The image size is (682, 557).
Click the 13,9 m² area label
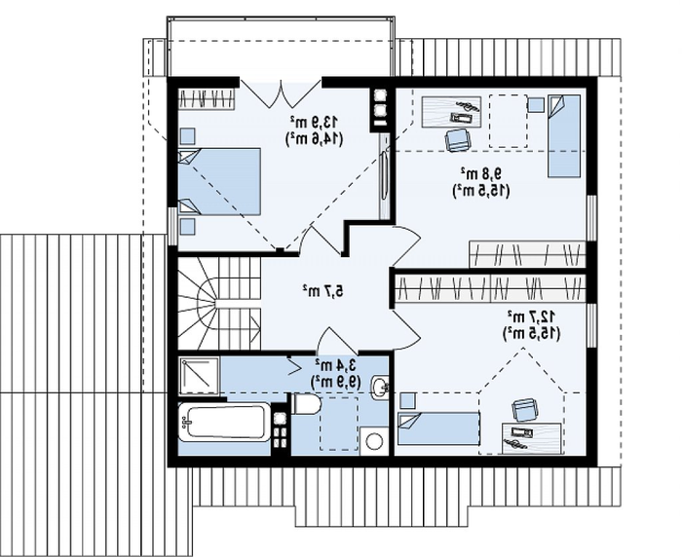point(315,122)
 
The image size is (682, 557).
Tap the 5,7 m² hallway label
point(322,290)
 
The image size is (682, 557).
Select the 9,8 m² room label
point(481,173)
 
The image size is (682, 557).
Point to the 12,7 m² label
point(532,316)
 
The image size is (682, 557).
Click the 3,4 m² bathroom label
point(336,365)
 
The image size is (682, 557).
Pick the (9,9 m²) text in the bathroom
point(335,382)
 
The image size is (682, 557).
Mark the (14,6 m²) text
point(314,138)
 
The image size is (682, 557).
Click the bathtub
point(225,422)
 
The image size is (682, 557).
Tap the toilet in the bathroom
point(307,404)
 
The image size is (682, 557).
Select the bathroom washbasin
point(380,386)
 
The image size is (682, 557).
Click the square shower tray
point(199,376)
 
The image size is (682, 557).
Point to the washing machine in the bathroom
point(373,441)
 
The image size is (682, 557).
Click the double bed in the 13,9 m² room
point(219,181)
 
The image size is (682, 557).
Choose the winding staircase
point(219,303)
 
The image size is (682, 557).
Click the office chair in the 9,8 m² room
point(458,139)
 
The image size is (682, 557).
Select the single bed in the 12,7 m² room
point(438,428)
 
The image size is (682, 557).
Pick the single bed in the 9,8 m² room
point(564,136)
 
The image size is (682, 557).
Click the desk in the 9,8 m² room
point(451,112)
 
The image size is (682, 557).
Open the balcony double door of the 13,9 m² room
point(281,93)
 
